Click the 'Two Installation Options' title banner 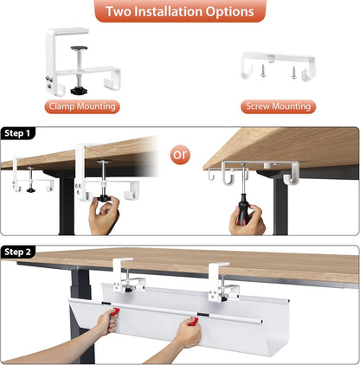pos(180,12)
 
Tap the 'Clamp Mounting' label pos(82,106)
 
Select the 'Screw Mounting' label pos(278,106)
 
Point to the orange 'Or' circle pos(180,156)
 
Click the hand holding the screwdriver pos(246,221)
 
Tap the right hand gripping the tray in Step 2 pos(186,330)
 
